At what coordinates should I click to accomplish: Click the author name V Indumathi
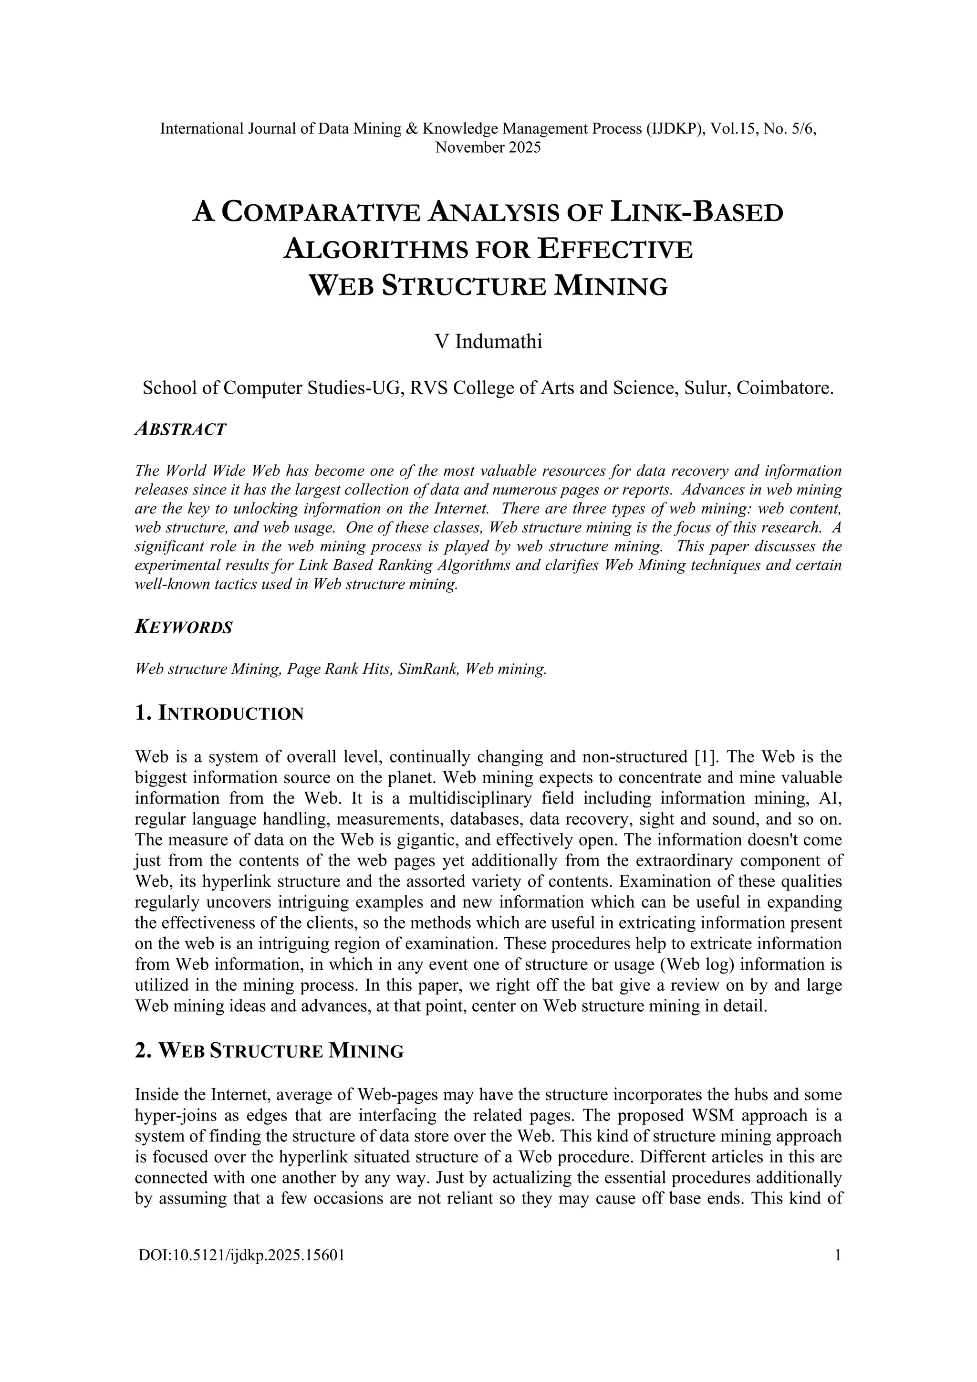coord(488,342)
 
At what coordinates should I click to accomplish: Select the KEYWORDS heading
coord(184,627)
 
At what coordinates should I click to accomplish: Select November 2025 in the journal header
coord(488,147)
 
